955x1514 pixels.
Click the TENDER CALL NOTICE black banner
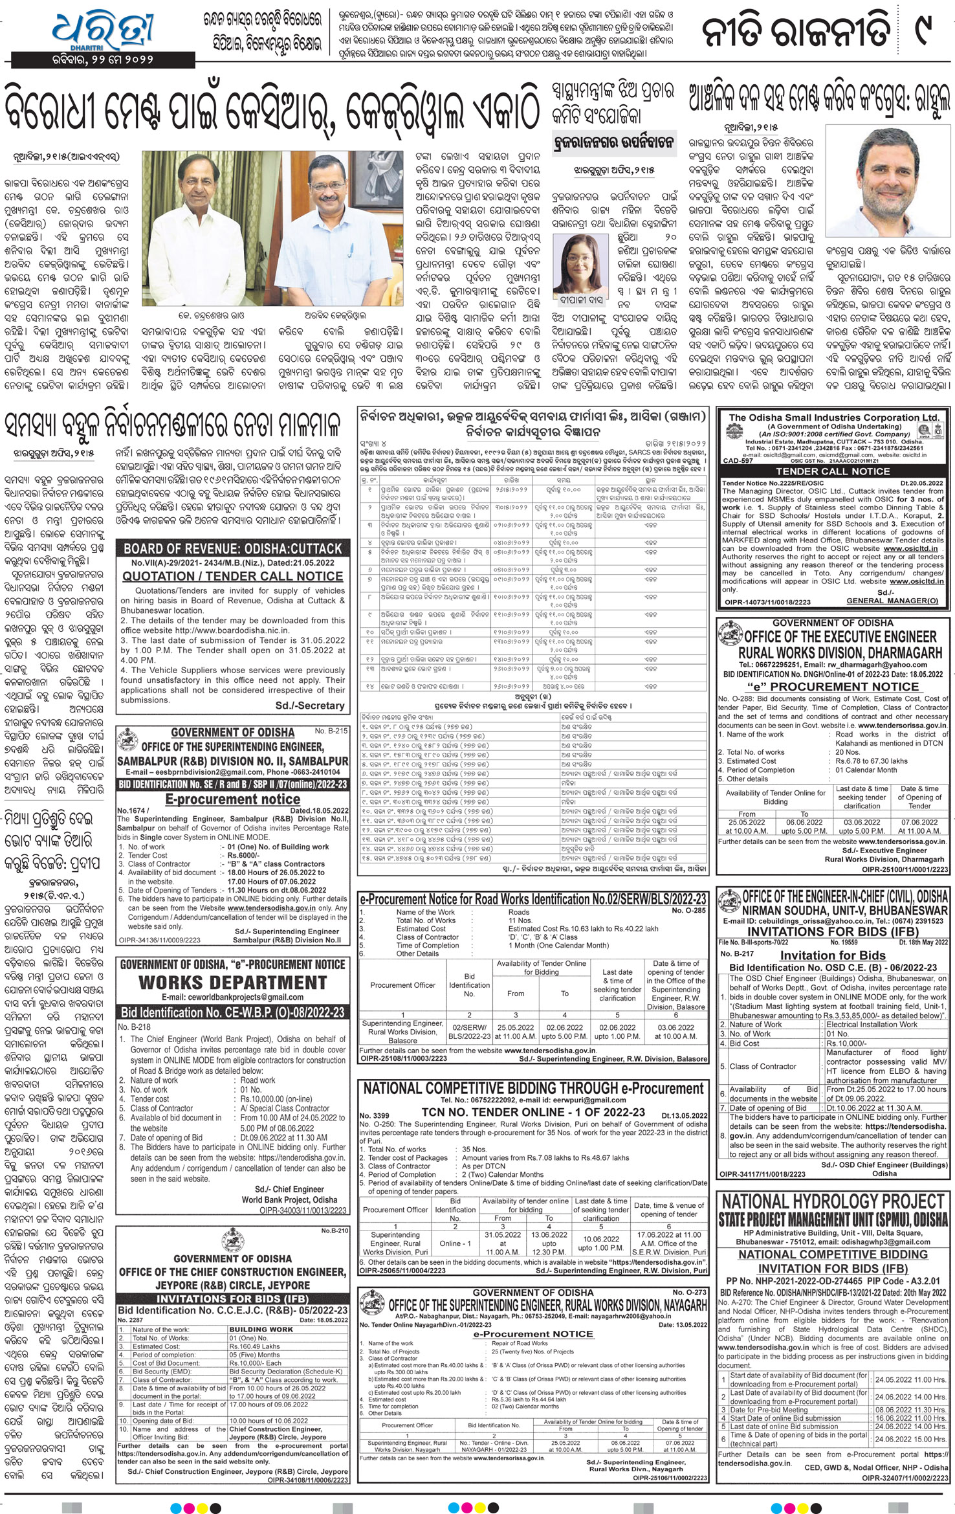coord(833,471)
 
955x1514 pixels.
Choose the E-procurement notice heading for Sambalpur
coord(232,799)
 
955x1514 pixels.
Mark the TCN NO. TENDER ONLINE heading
coord(533,1112)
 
